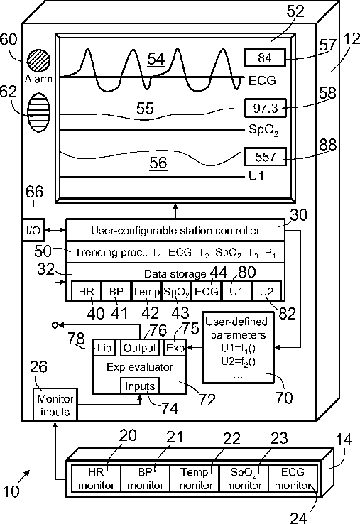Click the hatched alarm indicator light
pos(38,61)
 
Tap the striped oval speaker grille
pos(38,113)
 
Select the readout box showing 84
pos(265,58)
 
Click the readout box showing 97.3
pos(265,108)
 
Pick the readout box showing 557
pos(265,156)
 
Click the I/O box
pos(33,230)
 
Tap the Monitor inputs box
pos(55,405)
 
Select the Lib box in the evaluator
pos(104,348)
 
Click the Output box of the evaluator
pos(140,348)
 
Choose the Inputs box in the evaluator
pos(140,386)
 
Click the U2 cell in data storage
pos(266,291)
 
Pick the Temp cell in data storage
pos(146,291)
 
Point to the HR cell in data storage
pos(86,291)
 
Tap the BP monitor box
pos(145,479)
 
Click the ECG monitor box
pos(293,479)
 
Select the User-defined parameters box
pos(238,347)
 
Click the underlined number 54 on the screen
pos(156,60)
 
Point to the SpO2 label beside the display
pos(263,130)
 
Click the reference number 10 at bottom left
pos(11,491)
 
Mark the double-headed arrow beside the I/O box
pos(55,230)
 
